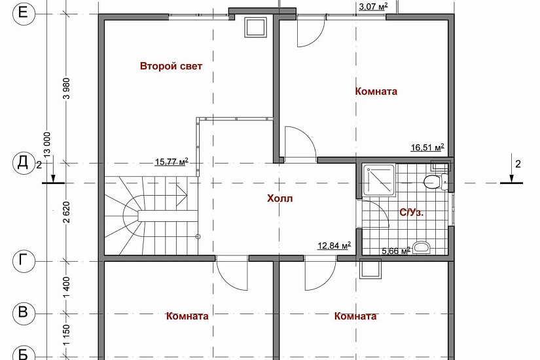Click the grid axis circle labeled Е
24,14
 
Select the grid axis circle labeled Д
24,163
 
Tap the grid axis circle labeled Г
24,261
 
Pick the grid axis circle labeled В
24,314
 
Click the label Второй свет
171,66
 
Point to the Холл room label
279,198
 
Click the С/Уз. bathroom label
411,213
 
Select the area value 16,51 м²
427,147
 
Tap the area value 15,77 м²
171,161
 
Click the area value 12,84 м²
334,245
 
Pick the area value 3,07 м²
373,6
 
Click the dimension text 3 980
67,88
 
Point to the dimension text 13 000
47,145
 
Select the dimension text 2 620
67,212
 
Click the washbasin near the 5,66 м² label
421,247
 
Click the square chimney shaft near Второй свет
255,27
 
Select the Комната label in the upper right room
376,91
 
